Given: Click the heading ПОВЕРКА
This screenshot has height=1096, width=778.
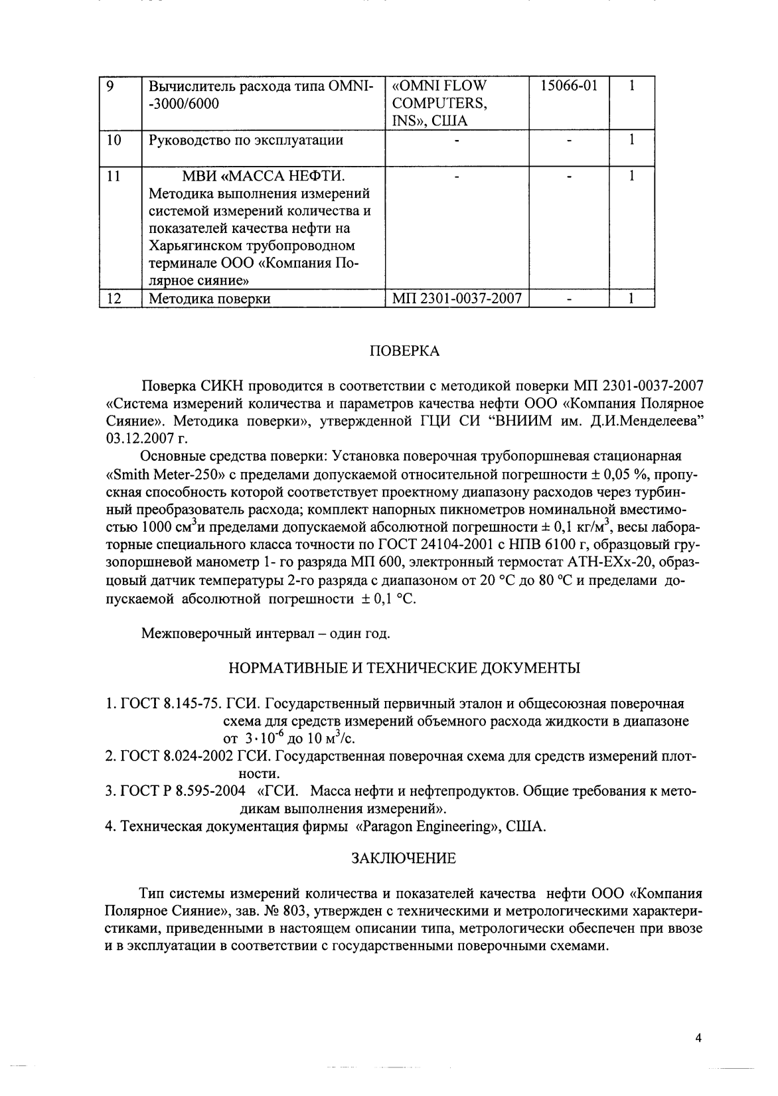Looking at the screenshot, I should point(404,351).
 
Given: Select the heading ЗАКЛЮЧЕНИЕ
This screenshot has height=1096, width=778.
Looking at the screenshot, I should point(404,858).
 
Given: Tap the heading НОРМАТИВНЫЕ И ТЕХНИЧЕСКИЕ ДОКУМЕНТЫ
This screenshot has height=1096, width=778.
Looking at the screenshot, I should point(404,668).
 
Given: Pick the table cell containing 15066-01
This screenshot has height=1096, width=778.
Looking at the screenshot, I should point(569,86).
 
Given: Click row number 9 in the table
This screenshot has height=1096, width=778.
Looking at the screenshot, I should point(112,86).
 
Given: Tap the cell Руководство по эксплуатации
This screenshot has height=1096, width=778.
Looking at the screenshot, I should point(246,140).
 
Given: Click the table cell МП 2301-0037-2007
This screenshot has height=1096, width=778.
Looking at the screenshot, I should point(457,299).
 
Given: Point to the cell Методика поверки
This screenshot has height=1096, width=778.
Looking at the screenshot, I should point(209,299).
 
